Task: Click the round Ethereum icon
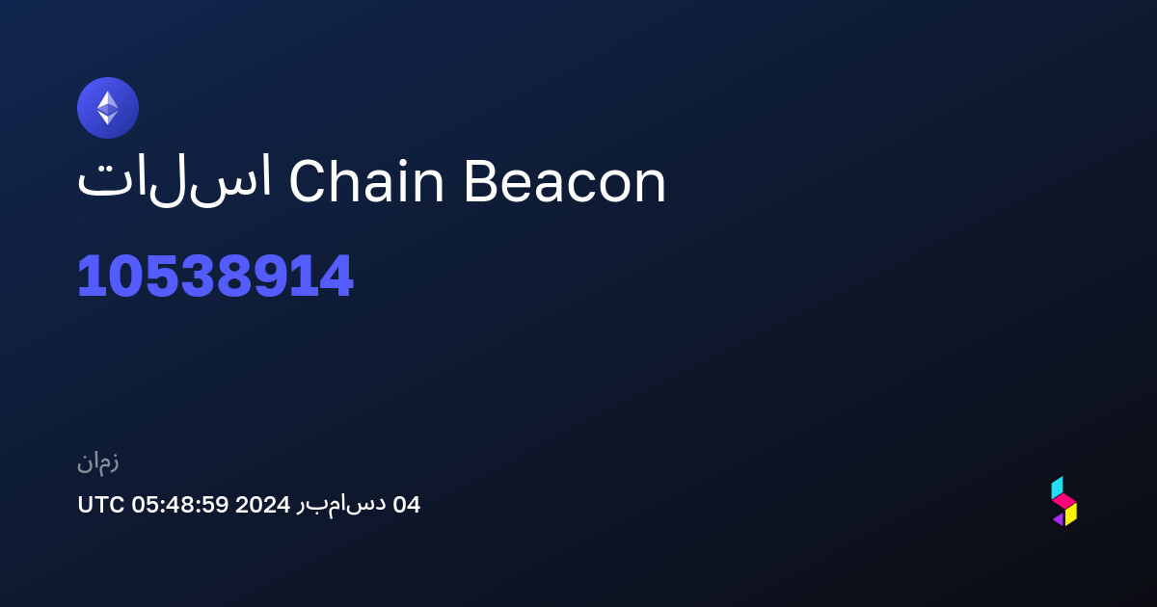(x=108, y=108)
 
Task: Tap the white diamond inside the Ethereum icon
(x=108, y=108)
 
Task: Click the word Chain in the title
(x=366, y=181)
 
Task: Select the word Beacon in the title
(x=565, y=181)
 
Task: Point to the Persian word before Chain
(x=175, y=181)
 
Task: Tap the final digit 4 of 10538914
(x=336, y=277)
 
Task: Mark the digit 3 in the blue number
(x=198, y=277)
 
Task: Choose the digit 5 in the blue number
(x=160, y=277)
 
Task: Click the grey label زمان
(x=97, y=462)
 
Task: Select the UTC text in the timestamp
(x=101, y=504)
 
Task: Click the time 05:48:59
(x=179, y=504)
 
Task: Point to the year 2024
(x=262, y=504)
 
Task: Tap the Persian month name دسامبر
(x=341, y=504)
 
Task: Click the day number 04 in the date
(x=407, y=504)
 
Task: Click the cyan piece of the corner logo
(x=1058, y=488)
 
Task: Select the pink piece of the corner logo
(x=1064, y=501)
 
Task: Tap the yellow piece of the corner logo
(x=1071, y=515)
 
